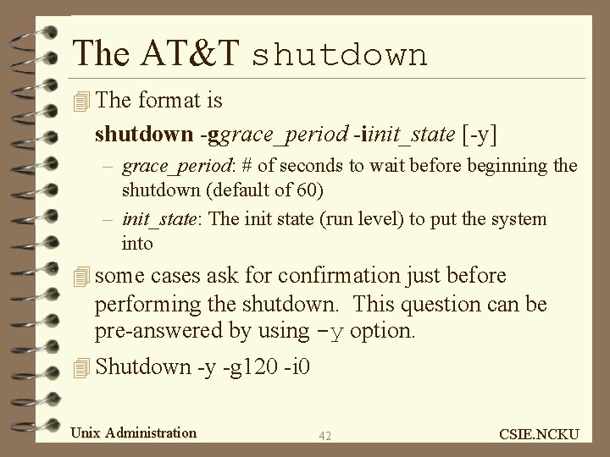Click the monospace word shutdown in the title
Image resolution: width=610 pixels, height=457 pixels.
[x=339, y=55]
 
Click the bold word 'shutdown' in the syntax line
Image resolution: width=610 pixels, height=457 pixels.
[x=145, y=134]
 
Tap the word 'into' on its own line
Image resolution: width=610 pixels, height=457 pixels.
[x=137, y=244]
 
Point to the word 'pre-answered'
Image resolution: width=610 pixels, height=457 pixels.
[x=162, y=331]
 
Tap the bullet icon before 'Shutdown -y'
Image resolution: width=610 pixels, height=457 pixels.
[x=80, y=367]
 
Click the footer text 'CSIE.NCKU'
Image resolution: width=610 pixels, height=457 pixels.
[x=540, y=434]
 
